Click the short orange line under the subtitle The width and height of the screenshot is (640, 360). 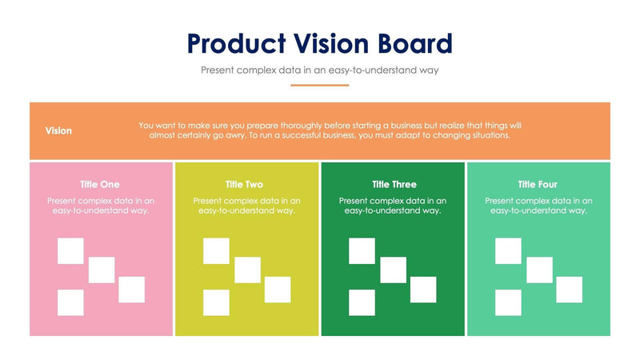click(319, 85)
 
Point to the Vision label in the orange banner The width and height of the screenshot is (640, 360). click(58, 130)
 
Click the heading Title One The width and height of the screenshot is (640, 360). click(100, 184)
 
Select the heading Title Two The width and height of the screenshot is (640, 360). click(244, 184)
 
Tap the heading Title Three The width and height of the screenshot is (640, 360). click(394, 184)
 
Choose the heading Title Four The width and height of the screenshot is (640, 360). click(538, 184)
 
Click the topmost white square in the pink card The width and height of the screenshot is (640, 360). click(70, 251)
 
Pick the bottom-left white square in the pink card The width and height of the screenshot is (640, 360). click(70, 302)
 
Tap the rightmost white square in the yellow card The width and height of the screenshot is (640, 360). click(278, 290)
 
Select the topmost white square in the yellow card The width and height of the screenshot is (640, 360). click(216, 251)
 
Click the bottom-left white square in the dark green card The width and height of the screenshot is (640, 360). click(362, 302)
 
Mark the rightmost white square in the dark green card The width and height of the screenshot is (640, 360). click(423, 290)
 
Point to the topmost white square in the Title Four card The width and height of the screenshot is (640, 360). click(508, 251)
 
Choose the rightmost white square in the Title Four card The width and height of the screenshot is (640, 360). click(569, 290)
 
